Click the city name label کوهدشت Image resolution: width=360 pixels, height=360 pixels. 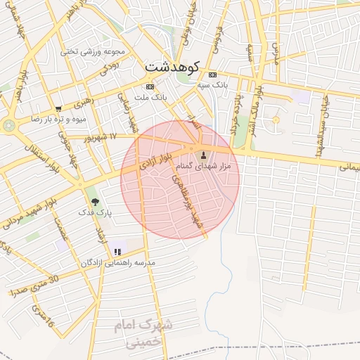(172, 67)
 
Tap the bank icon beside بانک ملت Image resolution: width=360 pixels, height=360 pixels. (149, 86)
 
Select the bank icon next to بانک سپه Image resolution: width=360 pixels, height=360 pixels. (213, 75)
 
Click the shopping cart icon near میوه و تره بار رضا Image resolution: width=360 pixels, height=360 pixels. (58, 109)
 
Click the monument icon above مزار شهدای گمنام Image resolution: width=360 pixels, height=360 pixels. (205, 155)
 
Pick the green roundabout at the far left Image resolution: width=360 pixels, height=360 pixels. (9, 125)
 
